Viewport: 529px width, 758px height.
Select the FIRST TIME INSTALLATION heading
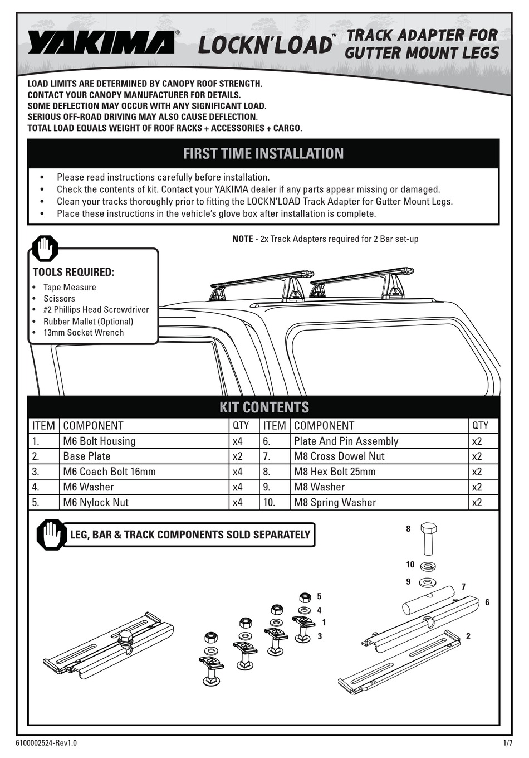(263, 154)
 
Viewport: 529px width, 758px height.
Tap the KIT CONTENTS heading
(264, 407)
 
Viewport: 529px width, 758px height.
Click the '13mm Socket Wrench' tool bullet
(84, 333)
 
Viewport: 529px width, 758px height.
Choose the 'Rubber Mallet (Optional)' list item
(88, 322)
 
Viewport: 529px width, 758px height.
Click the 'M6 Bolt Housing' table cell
(99, 441)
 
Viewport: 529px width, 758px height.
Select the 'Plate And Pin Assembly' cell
(346, 441)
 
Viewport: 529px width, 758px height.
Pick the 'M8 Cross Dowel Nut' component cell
(339, 456)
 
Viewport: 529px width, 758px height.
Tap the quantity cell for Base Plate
(238, 456)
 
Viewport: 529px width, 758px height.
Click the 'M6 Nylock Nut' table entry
(96, 502)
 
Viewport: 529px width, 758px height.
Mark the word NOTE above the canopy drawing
(242, 239)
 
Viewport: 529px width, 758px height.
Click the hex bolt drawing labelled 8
(428, 538)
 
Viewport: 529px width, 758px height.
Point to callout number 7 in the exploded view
(463, 587)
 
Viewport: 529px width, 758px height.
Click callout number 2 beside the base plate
(468, 636)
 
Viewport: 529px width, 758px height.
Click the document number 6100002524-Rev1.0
(47, 743)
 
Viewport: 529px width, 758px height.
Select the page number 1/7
(507, 743)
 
